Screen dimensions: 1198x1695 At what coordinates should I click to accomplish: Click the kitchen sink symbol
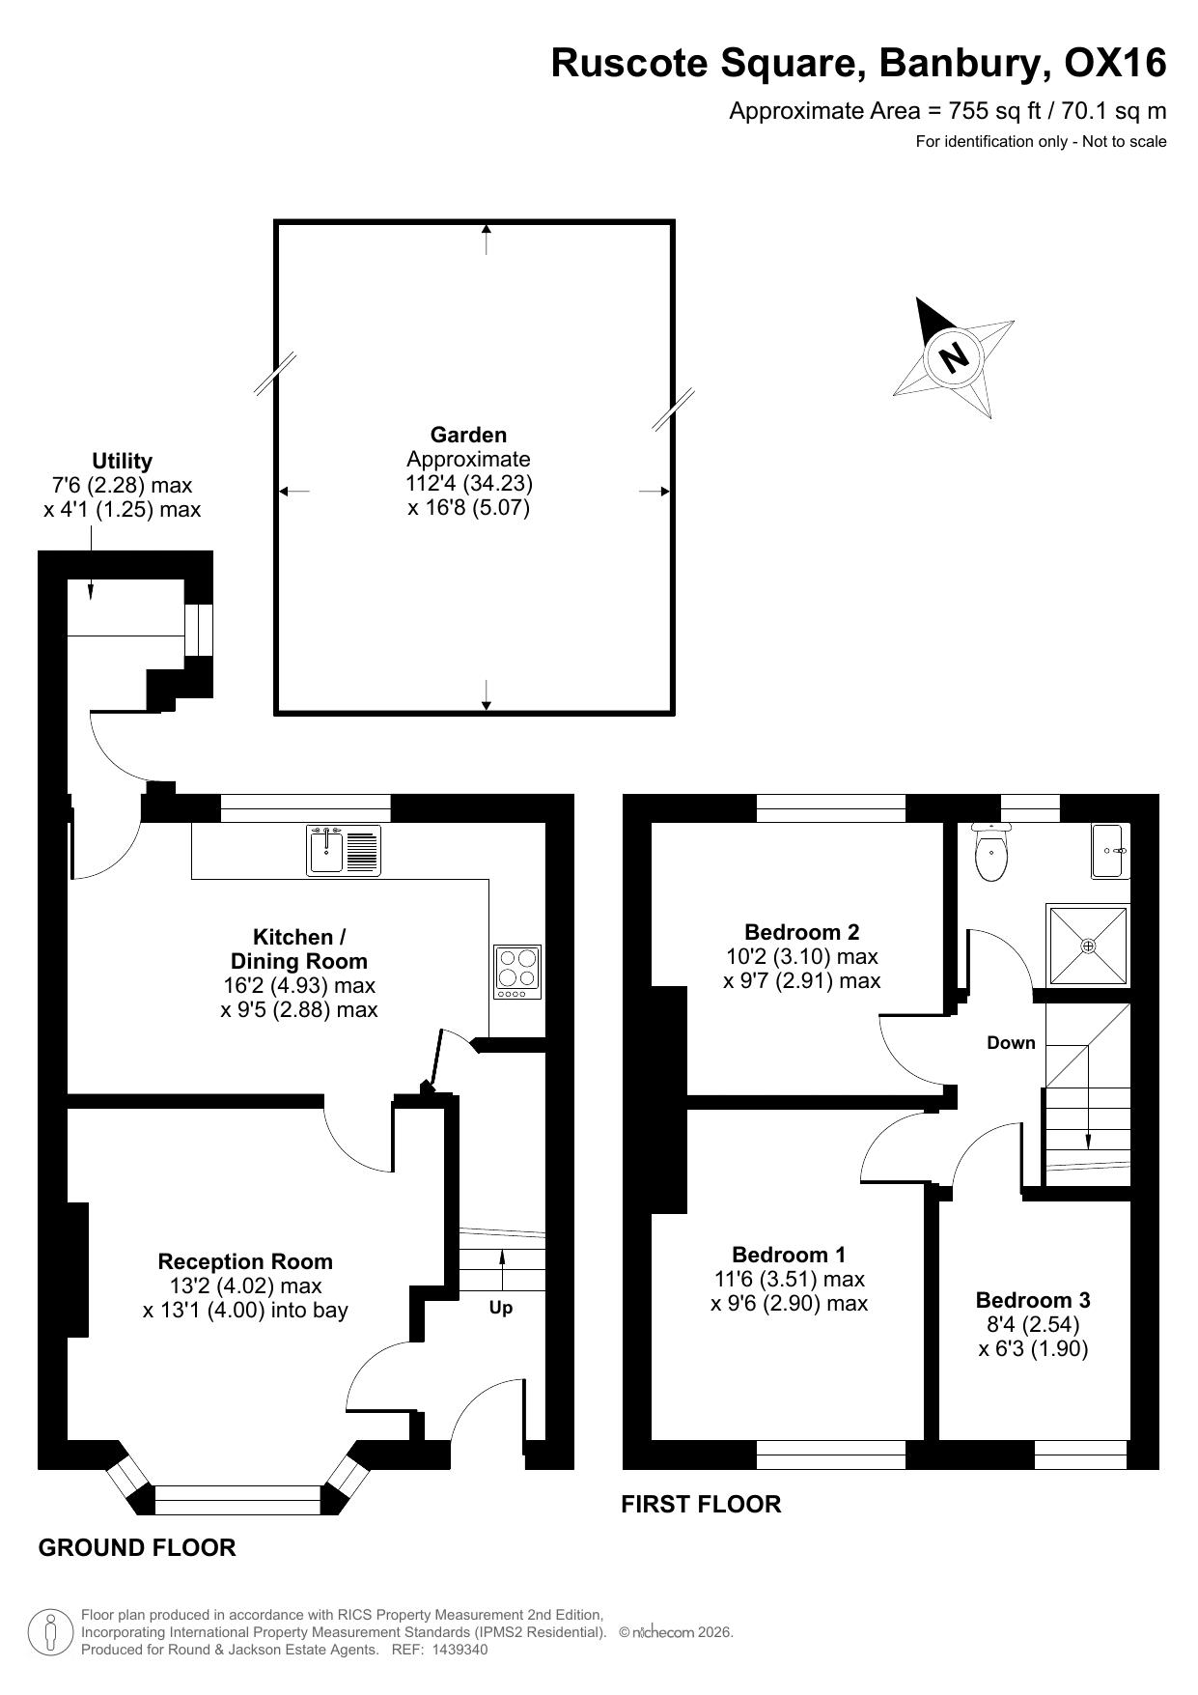click(344, 850)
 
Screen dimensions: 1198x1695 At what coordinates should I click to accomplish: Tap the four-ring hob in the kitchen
click(517, 972)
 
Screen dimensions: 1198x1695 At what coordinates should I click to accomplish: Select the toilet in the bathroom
click(990, 852)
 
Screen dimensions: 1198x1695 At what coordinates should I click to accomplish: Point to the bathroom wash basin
click(1110, 851)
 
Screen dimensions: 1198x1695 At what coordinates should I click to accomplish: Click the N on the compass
click(954, 358)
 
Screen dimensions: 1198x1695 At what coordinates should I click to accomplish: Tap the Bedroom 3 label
click(1033, 1300)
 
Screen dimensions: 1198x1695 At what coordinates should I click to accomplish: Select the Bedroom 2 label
click(801, 932)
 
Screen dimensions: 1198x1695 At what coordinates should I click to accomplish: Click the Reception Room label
click(245, 1261)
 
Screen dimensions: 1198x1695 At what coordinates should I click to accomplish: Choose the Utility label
click(122, 461)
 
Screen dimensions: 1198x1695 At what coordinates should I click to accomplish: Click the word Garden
click(468, 435)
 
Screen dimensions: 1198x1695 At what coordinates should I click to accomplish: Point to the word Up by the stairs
click(501, 1308)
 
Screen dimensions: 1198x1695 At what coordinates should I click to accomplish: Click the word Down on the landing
click(1011, 1043)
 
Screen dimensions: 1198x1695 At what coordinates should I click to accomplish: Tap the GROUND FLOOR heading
click(137, 1548)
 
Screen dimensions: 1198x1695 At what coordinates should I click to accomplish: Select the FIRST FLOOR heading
click(701, 1504)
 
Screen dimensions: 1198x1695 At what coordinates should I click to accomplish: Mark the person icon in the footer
click(50, 1631)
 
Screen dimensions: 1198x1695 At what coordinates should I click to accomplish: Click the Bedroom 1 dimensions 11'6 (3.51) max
click(790, 1279)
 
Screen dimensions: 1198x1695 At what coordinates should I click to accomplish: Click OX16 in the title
click(1115, 63)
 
